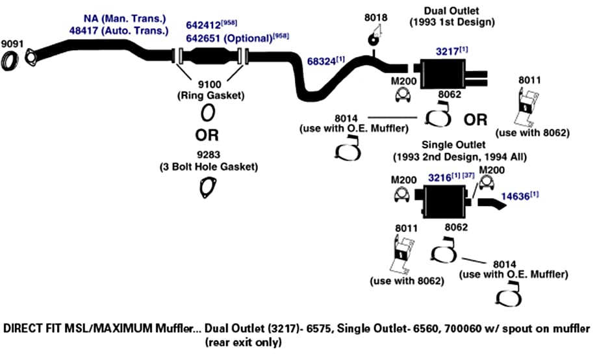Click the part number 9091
(x=12, y=44)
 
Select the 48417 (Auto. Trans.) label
(x=119, y=31)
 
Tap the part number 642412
(x=203, y=25)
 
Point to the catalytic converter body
(x=211, y=57)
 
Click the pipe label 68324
(x=322, y=61)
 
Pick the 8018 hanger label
(x=375, y=18)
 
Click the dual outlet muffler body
(x=442, y=74)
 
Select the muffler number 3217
(x=447, y=51)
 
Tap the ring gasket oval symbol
(x=208, y=113)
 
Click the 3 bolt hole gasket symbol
(x=207, y=188)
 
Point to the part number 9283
(x=209, y=155)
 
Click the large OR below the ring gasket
(x=207, y=135)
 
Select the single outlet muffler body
(x=445, y=201)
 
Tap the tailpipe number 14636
(x=515, y=196)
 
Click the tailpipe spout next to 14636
(x=492, y=204)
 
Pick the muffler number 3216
(x=439, y=177)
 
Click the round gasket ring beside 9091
(x=10, y=61)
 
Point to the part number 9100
(x=210, y=84)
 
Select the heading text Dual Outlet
(x=451, y=10)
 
